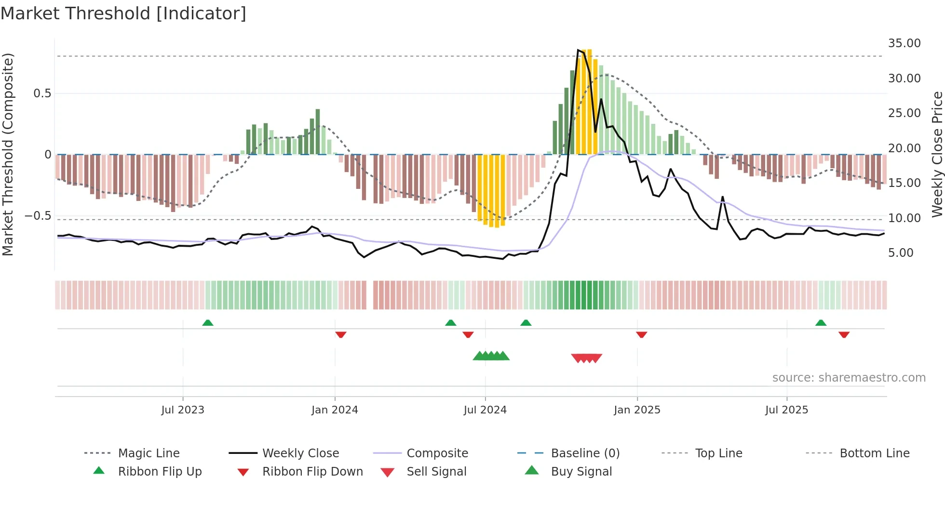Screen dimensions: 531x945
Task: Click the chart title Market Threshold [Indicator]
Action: pos(123,13)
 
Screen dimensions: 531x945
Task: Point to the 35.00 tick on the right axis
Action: pos(904,43)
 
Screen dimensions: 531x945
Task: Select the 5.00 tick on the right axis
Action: pos(901,253)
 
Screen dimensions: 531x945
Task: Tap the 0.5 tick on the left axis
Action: pos(42,93)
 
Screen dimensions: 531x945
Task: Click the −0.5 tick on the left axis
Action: pos(38,216)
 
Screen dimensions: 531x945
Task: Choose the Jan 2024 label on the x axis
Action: pos(335,410)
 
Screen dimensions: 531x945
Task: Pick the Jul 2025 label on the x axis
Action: pos(786,410)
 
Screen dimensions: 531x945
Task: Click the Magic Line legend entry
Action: pos(148,453)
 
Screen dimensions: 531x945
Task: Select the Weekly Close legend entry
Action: pos(300,453)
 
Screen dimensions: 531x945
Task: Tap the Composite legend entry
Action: pos(437,453)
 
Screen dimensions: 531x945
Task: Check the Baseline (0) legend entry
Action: pos(585,453)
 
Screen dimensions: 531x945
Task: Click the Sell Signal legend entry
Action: pos(436,472)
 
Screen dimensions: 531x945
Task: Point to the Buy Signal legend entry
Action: pos(581,472)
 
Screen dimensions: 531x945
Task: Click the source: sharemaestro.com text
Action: pos(849,378)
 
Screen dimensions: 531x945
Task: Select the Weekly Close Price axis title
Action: pos(937,154)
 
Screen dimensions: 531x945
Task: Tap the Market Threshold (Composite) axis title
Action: pos(8,154)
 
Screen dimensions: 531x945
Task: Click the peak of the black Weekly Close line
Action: pos(578,50)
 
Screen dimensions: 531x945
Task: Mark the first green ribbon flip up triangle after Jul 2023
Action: pos(208,323)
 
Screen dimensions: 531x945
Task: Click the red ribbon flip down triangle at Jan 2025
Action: pos(641,334)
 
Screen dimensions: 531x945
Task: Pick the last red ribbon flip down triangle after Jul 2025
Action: pos(844,334)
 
